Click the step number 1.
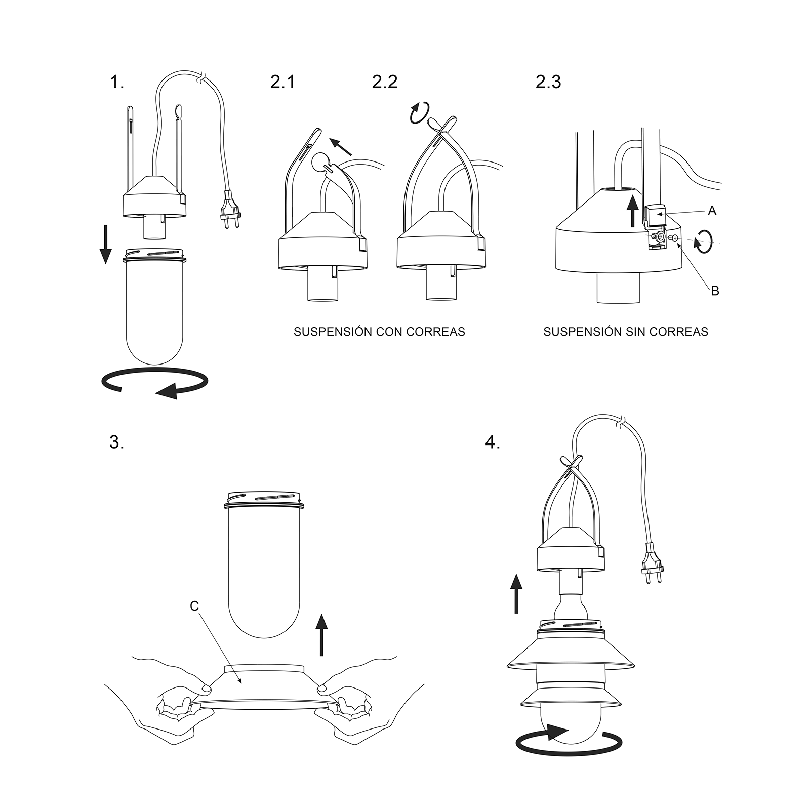pyautogui.click(x=116, y=82)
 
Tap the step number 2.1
pyautogui.click(x=282, y=82)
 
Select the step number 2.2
pyautogui.click(x=384, y=82)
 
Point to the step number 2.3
pyautogui.click(x=548, y=82)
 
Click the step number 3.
pyautogui.click(x=116, y=442)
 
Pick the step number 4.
pyautogui.click(x=492, y=442)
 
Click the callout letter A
pyautogui.click(x=712, y=211)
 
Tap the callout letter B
pyautogui.click(x=715, y=291)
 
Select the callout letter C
pyautogui.click(x=194, y=606)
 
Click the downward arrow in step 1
pyautogui.click(x=105, y=245)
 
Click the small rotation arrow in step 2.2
pyautogui.click(x=419, y=112)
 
